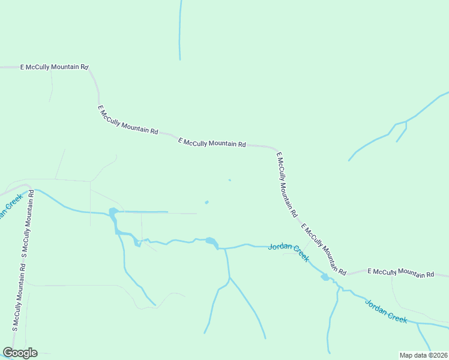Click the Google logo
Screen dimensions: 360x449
(x=20, y=353)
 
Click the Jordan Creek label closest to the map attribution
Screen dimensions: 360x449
(x=386, y=311)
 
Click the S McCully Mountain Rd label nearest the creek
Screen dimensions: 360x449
(x=27, y=225)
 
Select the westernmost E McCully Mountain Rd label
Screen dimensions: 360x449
(x=54, y=67)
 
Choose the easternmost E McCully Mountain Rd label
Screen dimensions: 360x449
(x=400, y=272)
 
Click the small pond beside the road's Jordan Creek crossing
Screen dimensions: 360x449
(x=325, y=277)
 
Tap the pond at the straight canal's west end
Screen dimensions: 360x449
(x=112, y=213)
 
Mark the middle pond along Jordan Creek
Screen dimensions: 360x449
(x=211, y=242)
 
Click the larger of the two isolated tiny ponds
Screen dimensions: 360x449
(x=206, y=202)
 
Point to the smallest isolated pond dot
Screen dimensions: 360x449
(x=229, y=180)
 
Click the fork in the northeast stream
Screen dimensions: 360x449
(x=406, y=122)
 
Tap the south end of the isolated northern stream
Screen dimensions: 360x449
(x=179, y=59)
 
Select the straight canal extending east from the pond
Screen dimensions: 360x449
(x=142, y=212)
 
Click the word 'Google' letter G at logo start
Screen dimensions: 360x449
(x=7, y=353)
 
